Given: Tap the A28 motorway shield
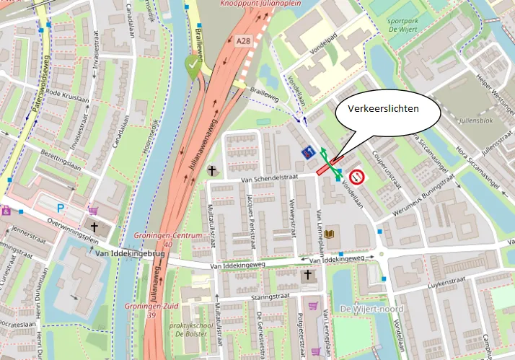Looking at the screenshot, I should tap(243, 43).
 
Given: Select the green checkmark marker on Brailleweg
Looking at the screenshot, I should tap(192, 64).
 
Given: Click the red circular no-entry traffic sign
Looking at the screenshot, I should tap(356, 175).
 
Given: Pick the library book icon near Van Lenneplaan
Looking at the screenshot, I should tap(330, 234).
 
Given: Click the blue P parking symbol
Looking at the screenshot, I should tap(61, 207).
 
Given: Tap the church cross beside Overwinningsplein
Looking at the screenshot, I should tap(94, 227).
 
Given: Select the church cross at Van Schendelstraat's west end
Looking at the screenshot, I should tap(211, 171).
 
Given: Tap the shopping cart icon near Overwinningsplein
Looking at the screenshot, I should tap(93, 211).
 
